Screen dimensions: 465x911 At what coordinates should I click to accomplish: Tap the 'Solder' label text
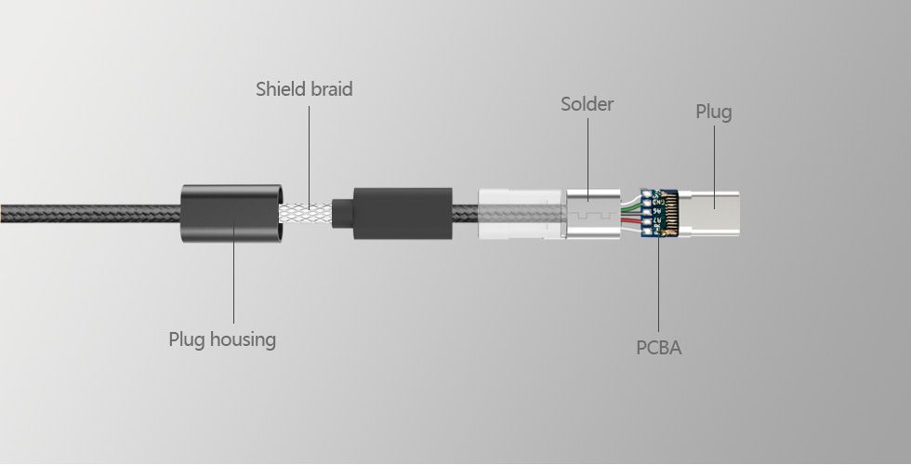pos(587,104)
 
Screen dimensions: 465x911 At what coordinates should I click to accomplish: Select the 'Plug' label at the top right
pos(714,113)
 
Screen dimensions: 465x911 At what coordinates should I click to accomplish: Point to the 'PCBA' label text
pos(658,348)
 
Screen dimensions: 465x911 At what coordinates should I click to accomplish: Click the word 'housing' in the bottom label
pos(243,339)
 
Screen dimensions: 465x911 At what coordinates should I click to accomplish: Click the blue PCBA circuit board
pos(654,213)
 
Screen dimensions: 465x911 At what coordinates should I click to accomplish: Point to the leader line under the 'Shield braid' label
pos(308,149)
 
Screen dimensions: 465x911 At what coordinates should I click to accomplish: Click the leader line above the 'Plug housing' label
pos(233,279)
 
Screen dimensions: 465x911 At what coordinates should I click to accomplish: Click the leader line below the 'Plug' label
pos(715,158)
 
